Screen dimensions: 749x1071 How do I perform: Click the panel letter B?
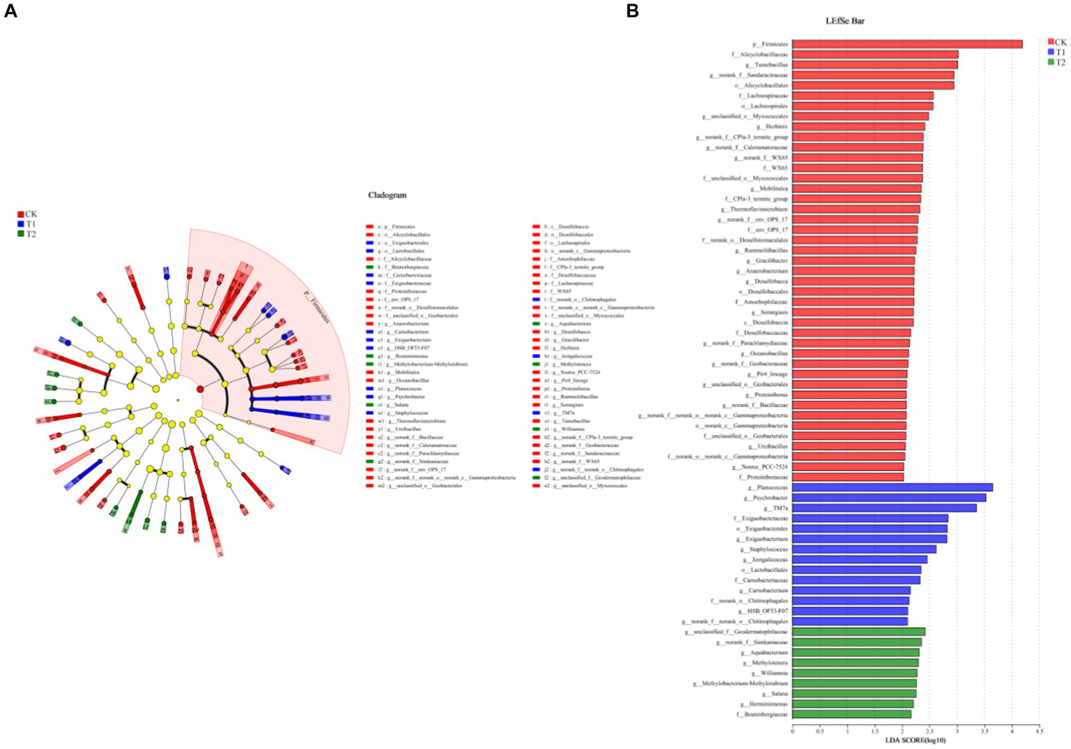[632, 10]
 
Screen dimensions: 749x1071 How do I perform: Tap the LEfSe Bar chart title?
[845, 21]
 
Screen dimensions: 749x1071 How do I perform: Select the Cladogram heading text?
[387, 195]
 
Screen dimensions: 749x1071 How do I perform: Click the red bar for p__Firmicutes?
[907, 44]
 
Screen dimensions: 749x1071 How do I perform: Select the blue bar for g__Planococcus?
[892, 487]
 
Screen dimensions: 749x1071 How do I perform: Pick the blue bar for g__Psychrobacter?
[889, 498]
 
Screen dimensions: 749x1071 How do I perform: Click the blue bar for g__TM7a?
[884, 508]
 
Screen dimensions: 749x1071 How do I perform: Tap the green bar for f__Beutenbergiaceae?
[851, 714]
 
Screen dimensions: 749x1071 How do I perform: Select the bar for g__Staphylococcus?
[864, 549]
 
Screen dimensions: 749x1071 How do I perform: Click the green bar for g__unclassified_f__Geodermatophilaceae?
[858, 632]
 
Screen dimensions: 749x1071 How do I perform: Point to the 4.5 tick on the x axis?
[1039, 732]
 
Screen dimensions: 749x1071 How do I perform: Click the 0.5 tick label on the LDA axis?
[820, 732]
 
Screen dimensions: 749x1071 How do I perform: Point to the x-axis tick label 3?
[957, 732]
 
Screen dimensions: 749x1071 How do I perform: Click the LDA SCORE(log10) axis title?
[915, 740]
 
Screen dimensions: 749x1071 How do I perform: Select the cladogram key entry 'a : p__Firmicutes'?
[396, 227]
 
